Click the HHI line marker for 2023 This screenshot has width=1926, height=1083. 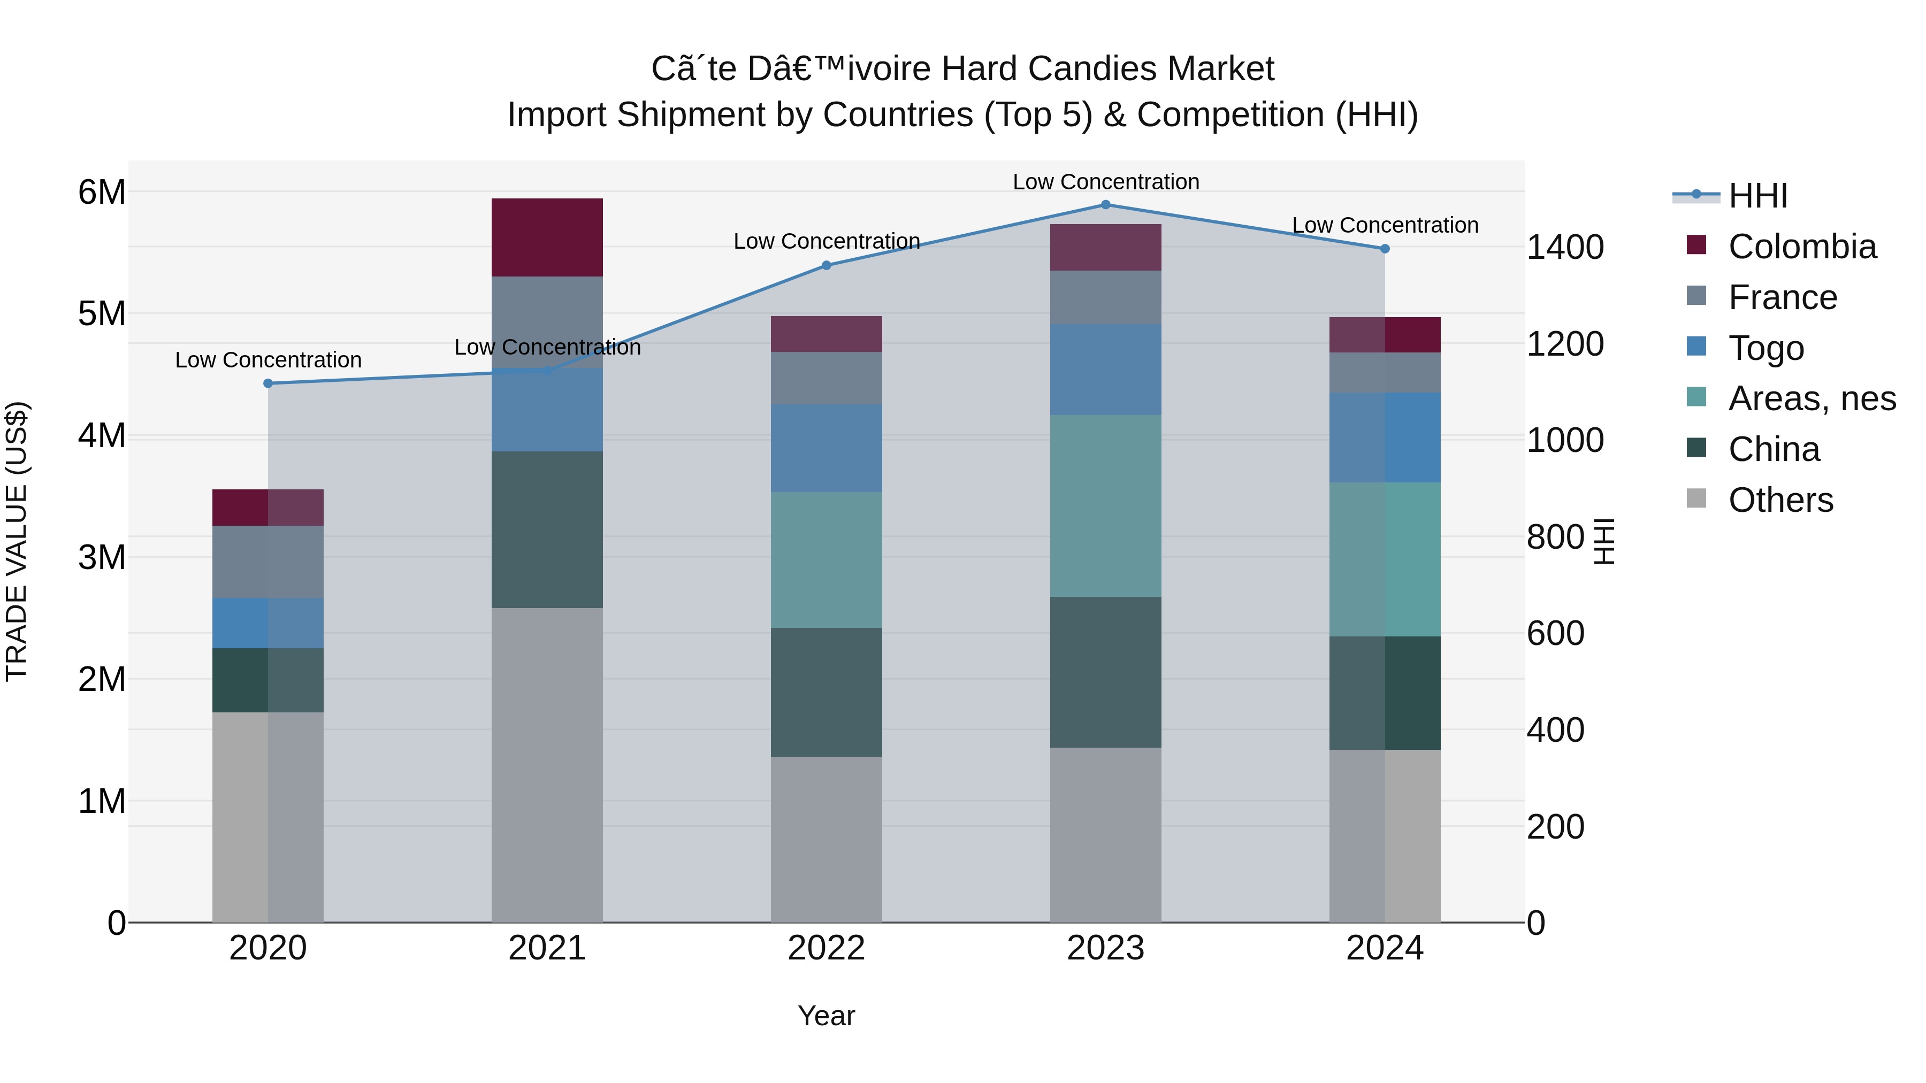point(1105,204)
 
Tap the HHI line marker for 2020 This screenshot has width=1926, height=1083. point(267,383)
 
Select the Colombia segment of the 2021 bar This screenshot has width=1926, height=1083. point(547,237)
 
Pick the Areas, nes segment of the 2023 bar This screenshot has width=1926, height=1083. point(1105,505)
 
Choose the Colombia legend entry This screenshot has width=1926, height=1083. point(1802,247)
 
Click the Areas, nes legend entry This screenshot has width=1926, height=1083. point(1811,398)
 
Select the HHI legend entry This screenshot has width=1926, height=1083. point(1757,196)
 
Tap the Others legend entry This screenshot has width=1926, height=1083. point(1780,500)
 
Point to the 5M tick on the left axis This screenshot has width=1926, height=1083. point(102,314)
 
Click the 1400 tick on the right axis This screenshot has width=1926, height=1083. point(1565,248)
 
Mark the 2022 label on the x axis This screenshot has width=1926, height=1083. point(826,948)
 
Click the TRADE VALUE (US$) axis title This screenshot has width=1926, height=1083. point(17,541)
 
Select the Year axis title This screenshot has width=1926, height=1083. point(826,1016)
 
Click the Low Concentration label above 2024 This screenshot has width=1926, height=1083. point(1385,225)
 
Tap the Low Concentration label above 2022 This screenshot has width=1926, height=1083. point(826,241)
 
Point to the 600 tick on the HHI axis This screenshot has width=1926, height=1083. point(1555,634)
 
